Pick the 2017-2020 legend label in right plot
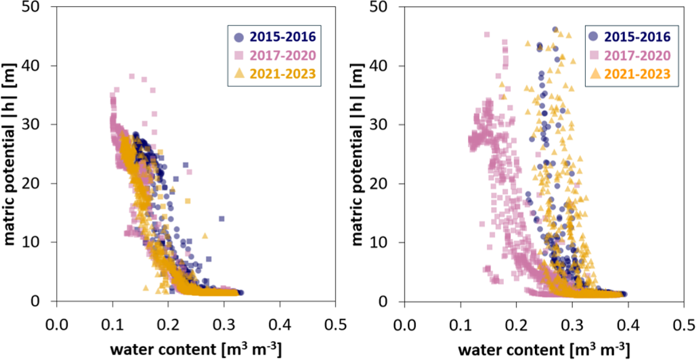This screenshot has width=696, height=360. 633,55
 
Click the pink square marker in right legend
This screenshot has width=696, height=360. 592,55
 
